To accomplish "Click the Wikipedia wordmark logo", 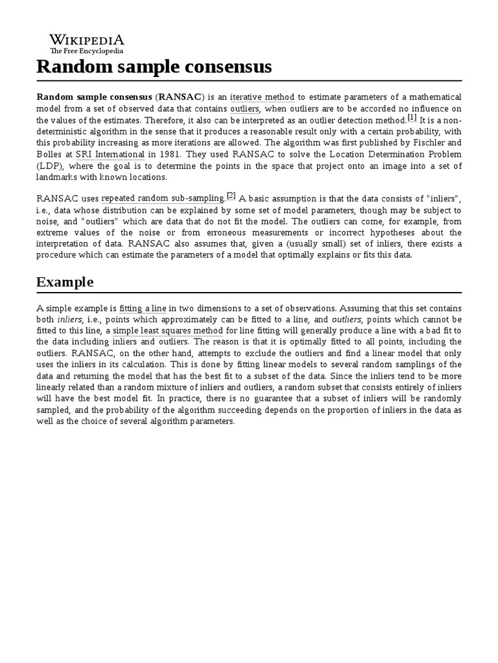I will pos(87,39).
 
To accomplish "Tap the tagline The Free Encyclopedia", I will pos(87,51).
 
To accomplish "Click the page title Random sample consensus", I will pos(154,67).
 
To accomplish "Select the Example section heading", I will pos(65,282).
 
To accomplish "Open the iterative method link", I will pos(262,97).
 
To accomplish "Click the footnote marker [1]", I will pos(412,118).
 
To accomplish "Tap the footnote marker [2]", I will pos(231,197).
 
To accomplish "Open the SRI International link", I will pos(110,155).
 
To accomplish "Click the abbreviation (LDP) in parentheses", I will pos(49,166).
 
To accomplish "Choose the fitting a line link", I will pos(143,309).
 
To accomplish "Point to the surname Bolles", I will pos(50,155).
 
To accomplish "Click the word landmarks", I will pos(57,177).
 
